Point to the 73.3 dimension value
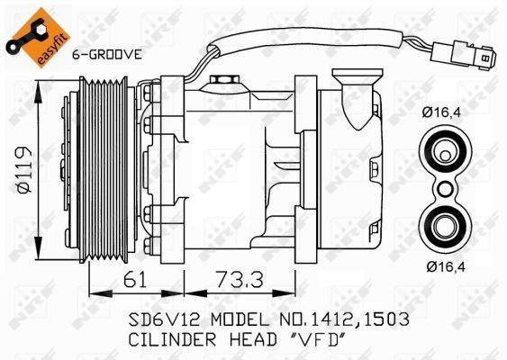pyautogui.click(x=244, y=280)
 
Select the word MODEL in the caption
pyautogui.click(x=239, y=320)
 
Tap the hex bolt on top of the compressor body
pyautogui.click(x=222, y=82)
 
